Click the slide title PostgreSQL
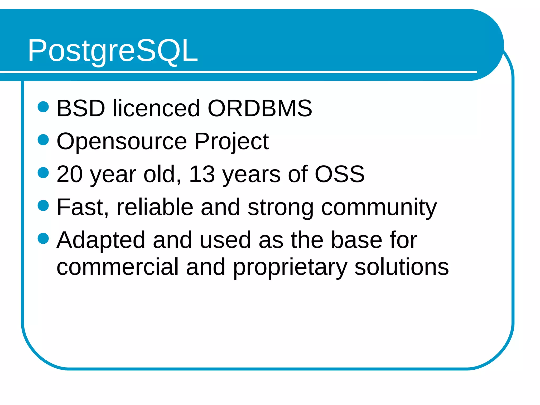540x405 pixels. click(113, 50)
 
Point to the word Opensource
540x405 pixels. click(122, 142)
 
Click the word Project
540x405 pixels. click(232, 142)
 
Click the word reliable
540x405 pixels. click(155, 207)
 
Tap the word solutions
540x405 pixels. click(401, 267)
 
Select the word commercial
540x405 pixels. click(118, 267)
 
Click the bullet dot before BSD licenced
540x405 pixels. click(43, 107)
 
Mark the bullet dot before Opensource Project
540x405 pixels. click(43, 140)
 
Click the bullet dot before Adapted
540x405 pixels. click(43, 239)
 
